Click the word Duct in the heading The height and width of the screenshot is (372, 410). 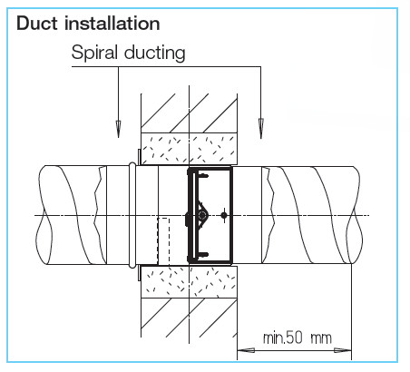37,24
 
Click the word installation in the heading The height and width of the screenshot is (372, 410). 112,24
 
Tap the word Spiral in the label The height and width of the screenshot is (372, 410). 94,53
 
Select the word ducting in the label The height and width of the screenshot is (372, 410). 155,53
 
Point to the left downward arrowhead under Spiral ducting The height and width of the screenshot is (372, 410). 118,128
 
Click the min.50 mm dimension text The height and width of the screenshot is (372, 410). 297,338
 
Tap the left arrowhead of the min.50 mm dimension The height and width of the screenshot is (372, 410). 246,351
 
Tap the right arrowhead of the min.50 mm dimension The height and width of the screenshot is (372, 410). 343,351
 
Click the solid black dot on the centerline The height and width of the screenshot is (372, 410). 224,215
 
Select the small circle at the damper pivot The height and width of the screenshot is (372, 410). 202,215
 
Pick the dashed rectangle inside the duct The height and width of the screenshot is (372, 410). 163,240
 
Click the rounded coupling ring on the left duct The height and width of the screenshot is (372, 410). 132,215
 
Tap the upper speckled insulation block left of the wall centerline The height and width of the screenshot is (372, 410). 165,148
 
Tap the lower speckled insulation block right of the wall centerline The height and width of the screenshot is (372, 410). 213,282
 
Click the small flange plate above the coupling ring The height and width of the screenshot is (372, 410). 139,157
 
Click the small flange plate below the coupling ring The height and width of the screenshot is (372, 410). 139,273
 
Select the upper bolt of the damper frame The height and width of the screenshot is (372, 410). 203,175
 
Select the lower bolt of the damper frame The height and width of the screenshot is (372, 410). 203,254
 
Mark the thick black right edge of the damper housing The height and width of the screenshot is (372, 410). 231,215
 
